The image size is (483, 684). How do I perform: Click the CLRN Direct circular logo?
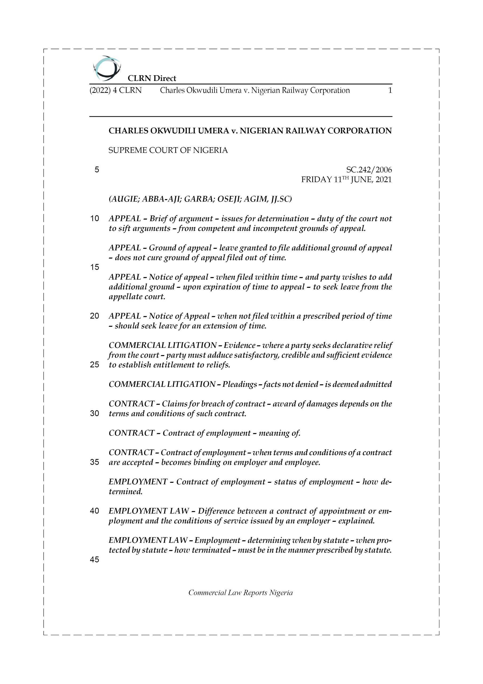point(107,68)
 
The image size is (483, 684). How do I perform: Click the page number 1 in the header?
point(390,90)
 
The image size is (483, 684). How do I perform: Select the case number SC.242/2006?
point(369,170)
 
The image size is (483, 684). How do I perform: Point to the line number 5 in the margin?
point(97,170)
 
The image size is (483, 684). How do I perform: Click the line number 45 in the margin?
point(94,560)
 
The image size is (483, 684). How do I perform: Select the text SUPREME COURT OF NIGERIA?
point(168,150)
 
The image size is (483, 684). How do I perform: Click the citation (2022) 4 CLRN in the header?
point(116,90)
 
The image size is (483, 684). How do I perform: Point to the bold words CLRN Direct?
point(152,78)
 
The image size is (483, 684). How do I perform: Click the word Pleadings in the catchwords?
point(240,384)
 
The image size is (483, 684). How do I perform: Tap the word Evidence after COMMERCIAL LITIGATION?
point(239,345)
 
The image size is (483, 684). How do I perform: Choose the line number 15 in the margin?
point(94,267)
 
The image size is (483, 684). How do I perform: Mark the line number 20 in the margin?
point(94,316)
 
